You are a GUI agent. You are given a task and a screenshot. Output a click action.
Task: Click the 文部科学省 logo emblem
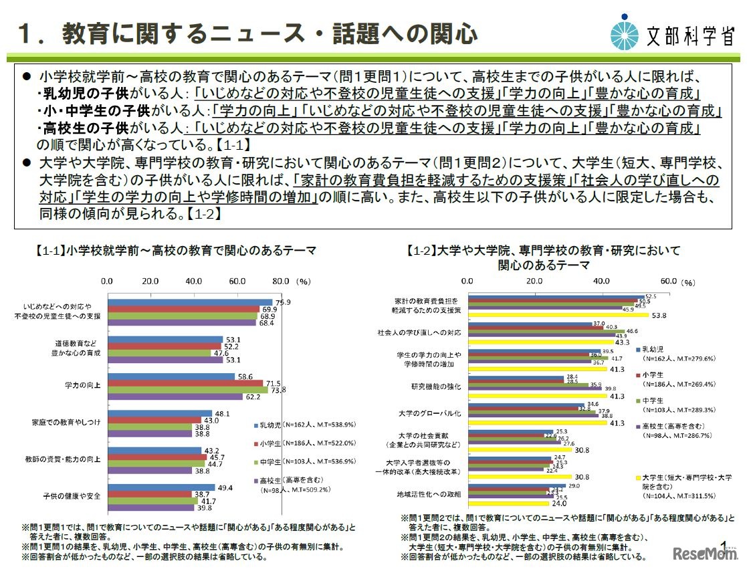pyautogui.click(x=627, y=31)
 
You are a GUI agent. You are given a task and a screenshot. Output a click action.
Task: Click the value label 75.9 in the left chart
pyautogui.click(x=282, y=302)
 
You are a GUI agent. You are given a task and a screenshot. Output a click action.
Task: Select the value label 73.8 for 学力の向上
pyautogui.click(x=278, y=389)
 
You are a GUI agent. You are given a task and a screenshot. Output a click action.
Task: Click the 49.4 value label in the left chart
pyautogui.click(x=225, y=487)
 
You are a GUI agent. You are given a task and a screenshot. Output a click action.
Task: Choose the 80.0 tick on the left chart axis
pyautogui.click(x=282, y=281)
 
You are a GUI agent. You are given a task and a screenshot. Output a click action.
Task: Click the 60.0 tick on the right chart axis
pyautogui.click(x=669, y=281)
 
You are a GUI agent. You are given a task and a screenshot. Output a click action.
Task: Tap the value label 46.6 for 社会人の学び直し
pyautogui.click(x=633, y=331)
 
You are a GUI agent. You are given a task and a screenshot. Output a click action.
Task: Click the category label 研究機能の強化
pyautogui.click(x=435, y=386)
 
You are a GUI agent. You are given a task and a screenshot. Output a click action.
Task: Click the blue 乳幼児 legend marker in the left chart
pyautogui.click(x=257, y=425)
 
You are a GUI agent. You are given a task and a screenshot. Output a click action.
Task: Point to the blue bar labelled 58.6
pyautogui.click(x=171, y=376)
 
